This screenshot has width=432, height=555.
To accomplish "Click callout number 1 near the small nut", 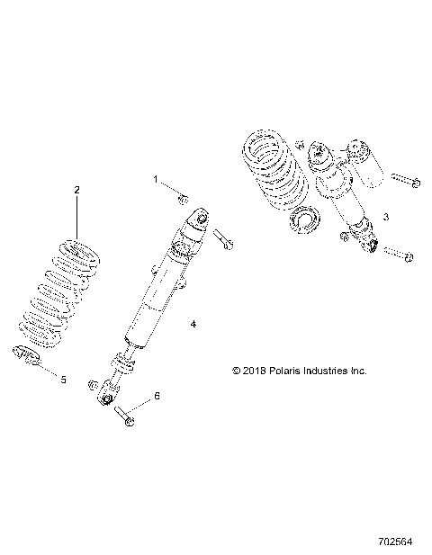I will click(155, 180).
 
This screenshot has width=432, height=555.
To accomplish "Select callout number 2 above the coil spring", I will click(76, 190).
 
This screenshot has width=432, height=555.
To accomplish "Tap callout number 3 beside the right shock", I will click(385, 217).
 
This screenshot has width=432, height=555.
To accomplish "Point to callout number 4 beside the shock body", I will click(193, 322).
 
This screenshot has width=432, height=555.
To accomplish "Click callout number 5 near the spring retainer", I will click(63, 379).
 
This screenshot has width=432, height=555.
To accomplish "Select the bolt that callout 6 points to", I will click(123, 416).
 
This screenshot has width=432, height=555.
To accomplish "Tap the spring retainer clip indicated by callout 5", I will click(25, 356).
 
